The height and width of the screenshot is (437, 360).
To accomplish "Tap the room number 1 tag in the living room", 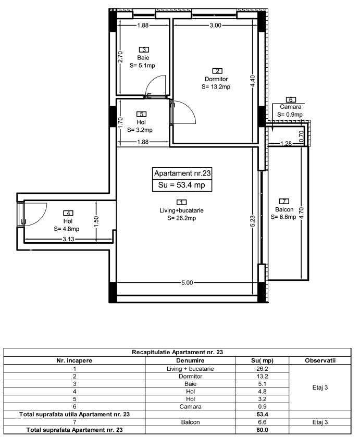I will [x=181, y=202].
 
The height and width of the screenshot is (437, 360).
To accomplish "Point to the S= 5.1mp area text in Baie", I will [x=143, y=66].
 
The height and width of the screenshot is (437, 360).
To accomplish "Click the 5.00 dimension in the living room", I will [x=187, y=283].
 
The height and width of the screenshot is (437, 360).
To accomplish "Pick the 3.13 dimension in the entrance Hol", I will [x=68, y=240].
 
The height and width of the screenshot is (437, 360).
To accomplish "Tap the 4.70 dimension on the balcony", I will [x=301, y=214].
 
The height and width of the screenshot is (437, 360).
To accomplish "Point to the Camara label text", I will [x=290, y=107].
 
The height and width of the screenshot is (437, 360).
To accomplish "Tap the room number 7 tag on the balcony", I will [x=284, y=202].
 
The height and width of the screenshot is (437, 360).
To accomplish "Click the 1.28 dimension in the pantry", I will [x=285, y=144].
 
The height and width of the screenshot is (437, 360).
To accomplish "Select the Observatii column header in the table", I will [x=320, y=360].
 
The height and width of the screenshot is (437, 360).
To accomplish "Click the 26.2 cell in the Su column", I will [x=262, y=368].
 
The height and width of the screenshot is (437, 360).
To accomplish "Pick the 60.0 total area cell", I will [x=262, y=430].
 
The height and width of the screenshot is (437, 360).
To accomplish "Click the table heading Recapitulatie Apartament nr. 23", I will [x=177, y=353].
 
